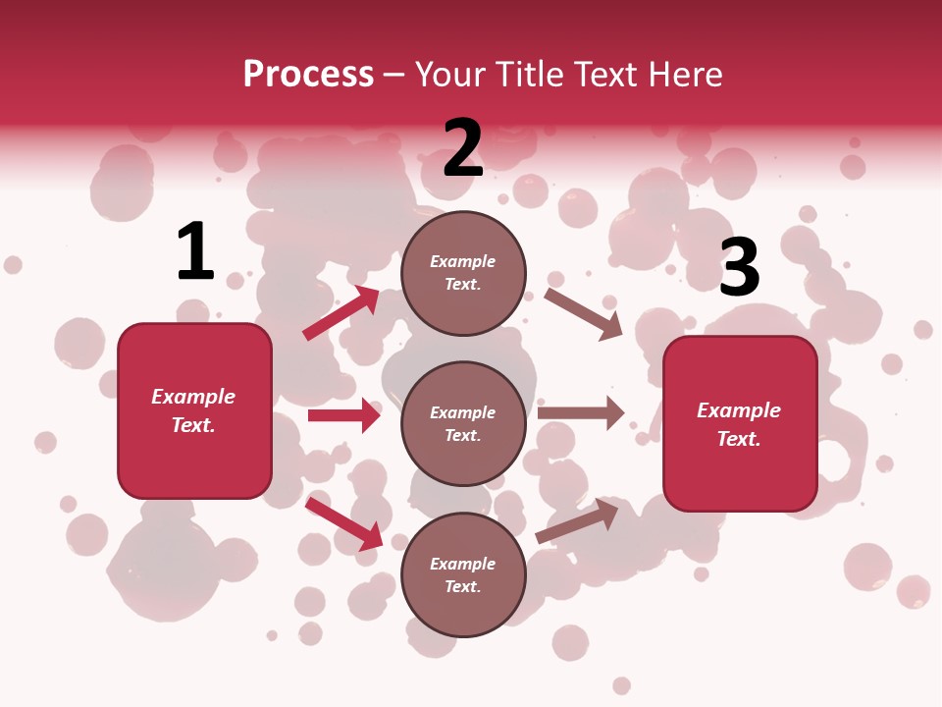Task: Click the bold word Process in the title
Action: [x=308, y=75]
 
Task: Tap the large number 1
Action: [x=195, y=251]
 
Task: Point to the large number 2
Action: [x=463, y=148]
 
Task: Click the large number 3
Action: [x=739, y=267]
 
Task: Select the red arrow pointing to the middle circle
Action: [x=343, y=415]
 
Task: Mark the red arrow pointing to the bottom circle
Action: [x=343, y=522]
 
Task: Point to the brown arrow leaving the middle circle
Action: [x=581, y=413]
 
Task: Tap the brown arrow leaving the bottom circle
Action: [x=578, y=520]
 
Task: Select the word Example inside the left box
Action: [x=193, y=397]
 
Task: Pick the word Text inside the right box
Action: [x=739, y=439]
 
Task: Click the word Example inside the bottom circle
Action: [x=463, y=564]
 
